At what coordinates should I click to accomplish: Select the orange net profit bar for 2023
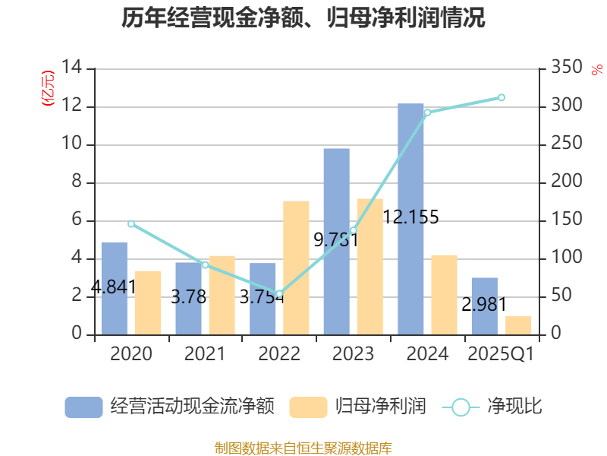pos(370,266)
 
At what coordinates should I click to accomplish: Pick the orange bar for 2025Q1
pos(518,325)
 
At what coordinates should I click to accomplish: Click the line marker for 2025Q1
pos(502,97)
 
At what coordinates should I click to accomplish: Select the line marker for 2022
pos(279,293)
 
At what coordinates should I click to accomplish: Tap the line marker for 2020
pos(131,224)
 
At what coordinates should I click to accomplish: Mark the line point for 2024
pos(427,112)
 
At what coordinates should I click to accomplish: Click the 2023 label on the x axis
pos(353,354)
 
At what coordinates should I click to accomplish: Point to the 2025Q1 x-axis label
pos(501,354)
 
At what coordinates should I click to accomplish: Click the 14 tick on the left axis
pos(72,68)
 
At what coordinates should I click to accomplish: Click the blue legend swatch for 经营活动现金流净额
pos(83,407)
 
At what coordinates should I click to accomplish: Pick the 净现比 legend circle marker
pos(461,407)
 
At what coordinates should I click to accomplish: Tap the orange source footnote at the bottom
pos(303,448)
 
